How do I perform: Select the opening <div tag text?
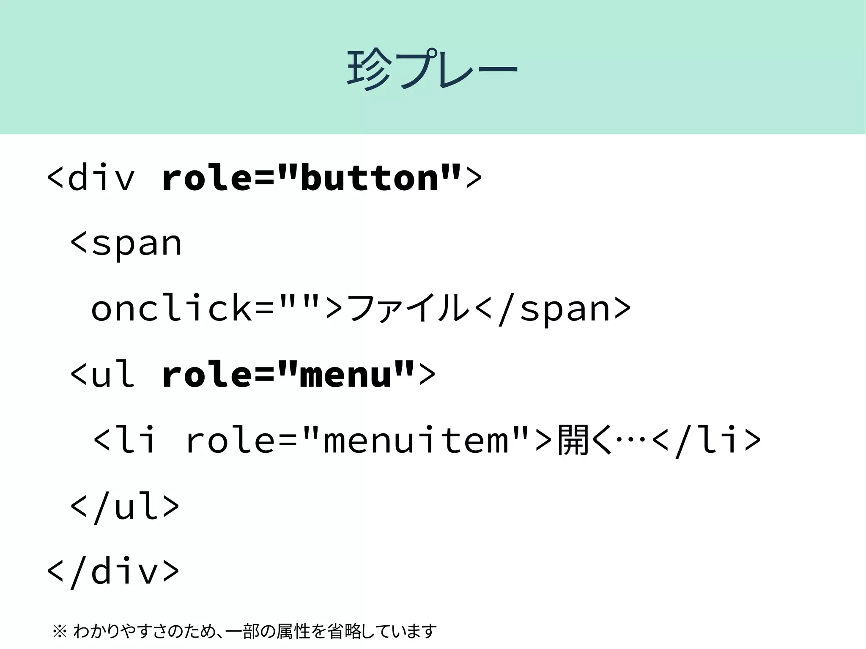click(91, 178)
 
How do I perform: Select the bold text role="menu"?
click(288, 374)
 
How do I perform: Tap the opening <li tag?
click(124, 440)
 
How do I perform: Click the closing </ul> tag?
click(125, 506)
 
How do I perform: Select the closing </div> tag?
click(113, 572)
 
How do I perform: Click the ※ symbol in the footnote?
click(60, 632)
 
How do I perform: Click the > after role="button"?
click(474, 178)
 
